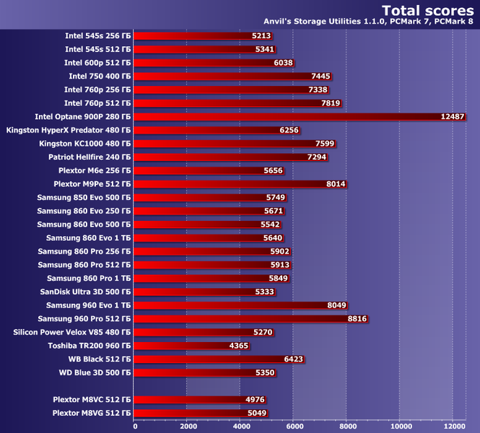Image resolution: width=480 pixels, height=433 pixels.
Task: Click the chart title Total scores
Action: coord(427,11)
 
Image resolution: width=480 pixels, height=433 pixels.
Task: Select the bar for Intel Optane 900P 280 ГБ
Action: coord(300,117)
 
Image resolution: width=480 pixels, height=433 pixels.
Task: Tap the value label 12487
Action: coord(453,117)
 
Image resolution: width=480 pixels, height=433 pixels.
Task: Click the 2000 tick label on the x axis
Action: coord(188,427)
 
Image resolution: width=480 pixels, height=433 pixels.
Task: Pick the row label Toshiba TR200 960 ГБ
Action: coord(90,346)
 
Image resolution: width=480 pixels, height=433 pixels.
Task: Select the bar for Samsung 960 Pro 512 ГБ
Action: coord(250,318)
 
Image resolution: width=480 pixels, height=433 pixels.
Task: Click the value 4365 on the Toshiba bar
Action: coord(239,346)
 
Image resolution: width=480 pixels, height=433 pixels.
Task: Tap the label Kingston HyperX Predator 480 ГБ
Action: coord(69,130)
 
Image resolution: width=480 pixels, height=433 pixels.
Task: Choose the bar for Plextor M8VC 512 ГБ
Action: coord(200,399)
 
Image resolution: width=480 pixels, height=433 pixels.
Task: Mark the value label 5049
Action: coord(257,413)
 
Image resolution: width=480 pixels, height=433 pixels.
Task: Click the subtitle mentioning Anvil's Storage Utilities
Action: coord(368,22)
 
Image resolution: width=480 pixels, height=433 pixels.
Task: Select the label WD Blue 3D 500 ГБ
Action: coord(95,372)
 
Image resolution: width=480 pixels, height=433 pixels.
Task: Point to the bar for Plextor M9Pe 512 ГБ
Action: coord(240,184)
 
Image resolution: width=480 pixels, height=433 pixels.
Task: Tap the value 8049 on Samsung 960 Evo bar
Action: coord(337,305)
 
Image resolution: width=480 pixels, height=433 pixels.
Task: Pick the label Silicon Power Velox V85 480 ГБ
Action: coord(72,332)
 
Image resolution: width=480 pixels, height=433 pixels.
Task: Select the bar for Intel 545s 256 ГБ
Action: coord(203,36)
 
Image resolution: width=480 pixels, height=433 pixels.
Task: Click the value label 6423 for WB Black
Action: coord(294,359)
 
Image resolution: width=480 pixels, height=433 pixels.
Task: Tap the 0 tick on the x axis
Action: coord(135,427)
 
